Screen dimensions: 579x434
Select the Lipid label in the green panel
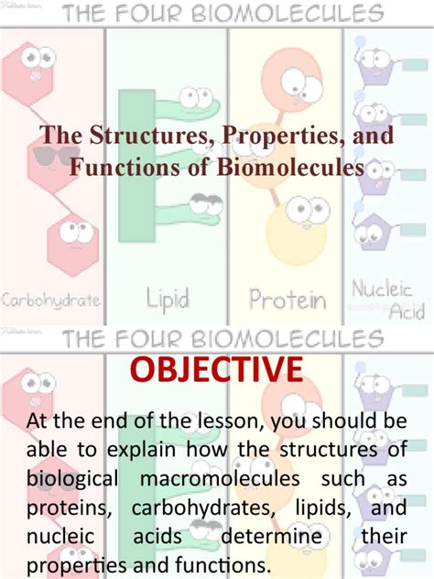(168, 298)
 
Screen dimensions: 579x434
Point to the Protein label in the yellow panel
(288, 300)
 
